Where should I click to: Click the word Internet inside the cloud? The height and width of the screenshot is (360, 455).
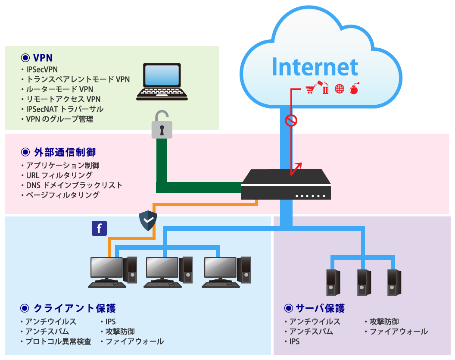(315, 67)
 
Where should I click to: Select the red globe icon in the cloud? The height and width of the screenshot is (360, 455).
(340, 90)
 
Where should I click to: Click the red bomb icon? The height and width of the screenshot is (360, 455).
(354, 89)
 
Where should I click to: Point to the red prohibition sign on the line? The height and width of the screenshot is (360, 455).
(291, 121)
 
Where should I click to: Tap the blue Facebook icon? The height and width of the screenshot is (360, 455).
(99, 229)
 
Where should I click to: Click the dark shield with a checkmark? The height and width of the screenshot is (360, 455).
(148, 221)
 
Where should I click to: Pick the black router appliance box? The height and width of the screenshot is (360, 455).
(286, 185)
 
